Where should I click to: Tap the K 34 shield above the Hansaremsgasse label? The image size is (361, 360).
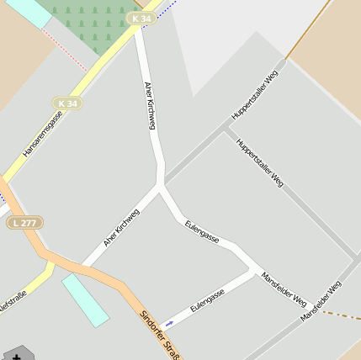[69, 103]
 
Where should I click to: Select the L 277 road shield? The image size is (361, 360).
[25, 223]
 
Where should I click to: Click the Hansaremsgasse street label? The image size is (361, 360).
[43, 135]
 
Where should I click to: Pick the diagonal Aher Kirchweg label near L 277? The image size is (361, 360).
[121, 227]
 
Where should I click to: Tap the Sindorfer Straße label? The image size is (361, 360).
[159, 335]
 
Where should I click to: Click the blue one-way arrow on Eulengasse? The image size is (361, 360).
[170, 323]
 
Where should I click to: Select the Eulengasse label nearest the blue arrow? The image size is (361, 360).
[207, 300]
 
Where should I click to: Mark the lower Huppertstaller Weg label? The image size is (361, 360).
[260, 162]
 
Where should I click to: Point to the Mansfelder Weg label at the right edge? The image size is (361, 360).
[321, 301]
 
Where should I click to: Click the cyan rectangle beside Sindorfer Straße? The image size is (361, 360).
[85, 299]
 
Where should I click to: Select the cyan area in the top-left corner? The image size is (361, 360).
[28, 11]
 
